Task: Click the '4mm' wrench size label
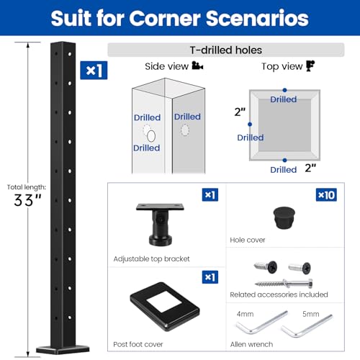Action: [244, 315]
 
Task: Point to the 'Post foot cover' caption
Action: [138, 345]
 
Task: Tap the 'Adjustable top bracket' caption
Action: [150, 258]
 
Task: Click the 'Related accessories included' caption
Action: [279, 294]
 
